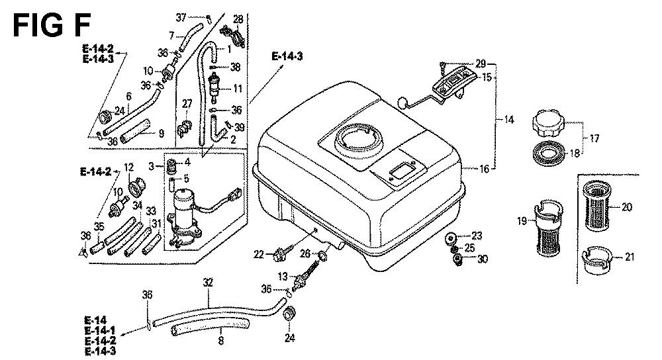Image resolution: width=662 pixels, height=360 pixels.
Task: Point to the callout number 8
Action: point(220,341)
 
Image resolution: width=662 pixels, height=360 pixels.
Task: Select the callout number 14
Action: point(508,120)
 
